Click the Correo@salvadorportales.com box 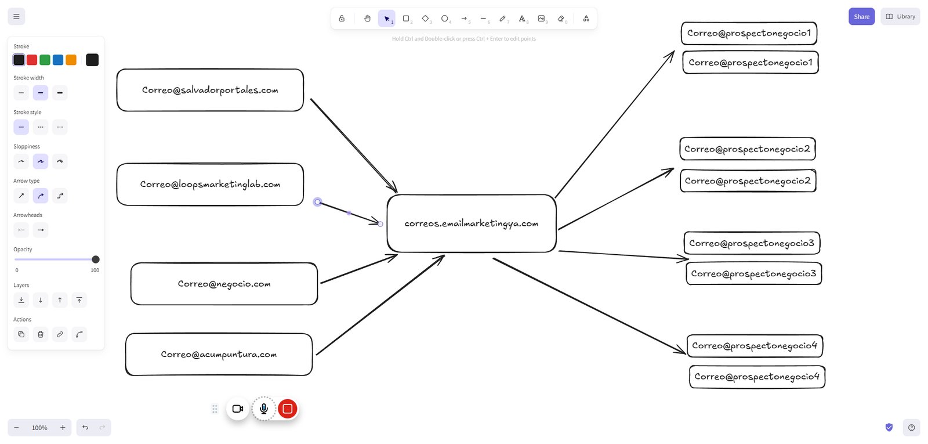[210, 90]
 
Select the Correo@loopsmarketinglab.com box [210, 184]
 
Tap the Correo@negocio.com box [224, 284]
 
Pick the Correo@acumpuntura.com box [219, 355]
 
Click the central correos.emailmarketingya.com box [472, 223]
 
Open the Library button [900, 17]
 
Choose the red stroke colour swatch [32, 60]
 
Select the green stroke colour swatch [45, 60]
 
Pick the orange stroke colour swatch [71, 60]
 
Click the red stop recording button [288, 409]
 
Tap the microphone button [263, 409]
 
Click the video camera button [238, 409]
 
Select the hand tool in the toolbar [368, 18]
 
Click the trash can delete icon [41, 334]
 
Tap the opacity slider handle [96, 259]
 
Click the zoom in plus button [63, 427]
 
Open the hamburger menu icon [17, 17]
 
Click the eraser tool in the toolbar [561, 18]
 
